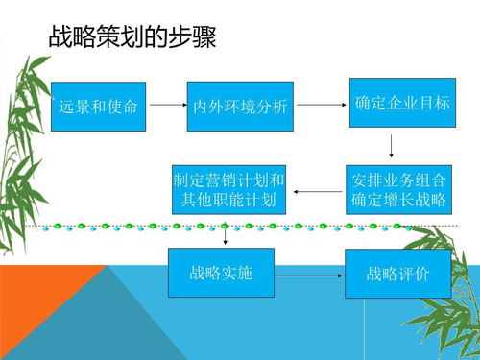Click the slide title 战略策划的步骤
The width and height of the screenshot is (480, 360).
[x=132, y=37]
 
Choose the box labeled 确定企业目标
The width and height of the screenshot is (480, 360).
[x=402, y=102]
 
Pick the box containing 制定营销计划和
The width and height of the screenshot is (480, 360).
[x=228, y=189]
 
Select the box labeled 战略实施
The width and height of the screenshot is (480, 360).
[x=221, y=273]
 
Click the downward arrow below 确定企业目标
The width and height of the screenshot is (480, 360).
[x=392, y=146]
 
